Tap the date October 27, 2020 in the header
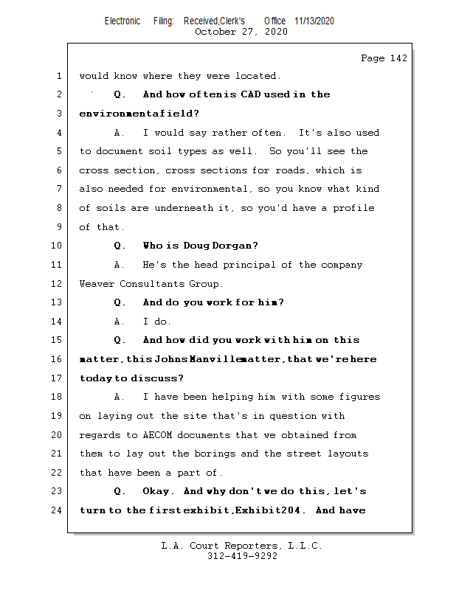pyautogui.click(x=241, y=32)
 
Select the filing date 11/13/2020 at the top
pyautogui.click(x=314, y=21)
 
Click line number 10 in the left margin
pyautogui.click(x=57, y=246)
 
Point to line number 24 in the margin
pyautogui.click(x=57, y=510)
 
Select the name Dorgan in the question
pyautogui.click(x=236, y=246)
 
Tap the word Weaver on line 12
pyautogui.click(x=97, y=283)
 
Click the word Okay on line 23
pyautogui.click(x=158, y=491)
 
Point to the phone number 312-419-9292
pyautogui.click(x=242, y=556)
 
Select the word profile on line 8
pyautogui.click(x=354, y=208)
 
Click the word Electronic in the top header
pyautogui.click(x=122, y=21)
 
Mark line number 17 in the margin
pyautogui.click(x=57, y=378)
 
